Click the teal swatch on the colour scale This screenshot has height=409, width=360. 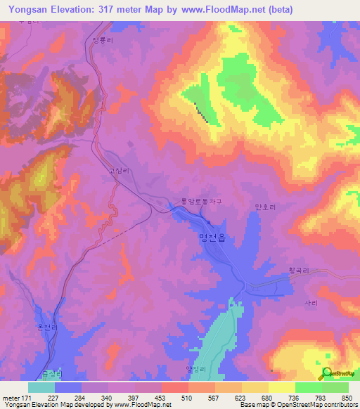pos(41,387)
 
